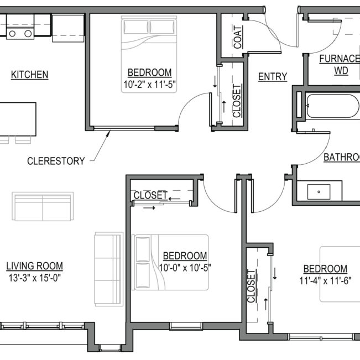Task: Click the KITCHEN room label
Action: coord(30,75)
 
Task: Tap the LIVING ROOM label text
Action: coord(34,266)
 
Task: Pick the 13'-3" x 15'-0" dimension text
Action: coord(34,278)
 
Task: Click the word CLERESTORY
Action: coord(56,161)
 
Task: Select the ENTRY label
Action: coord(273,77)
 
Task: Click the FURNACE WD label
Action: coord(340,65)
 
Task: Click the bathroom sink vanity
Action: coord(319,192)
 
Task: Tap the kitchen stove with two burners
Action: coord(20,33)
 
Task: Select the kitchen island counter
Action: coord(18,118)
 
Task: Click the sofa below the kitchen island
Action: coord(43,206)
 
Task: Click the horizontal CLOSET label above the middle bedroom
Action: coord(150,195)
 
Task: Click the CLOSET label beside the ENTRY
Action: coord(237,101)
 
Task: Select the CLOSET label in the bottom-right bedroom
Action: coord(252,287)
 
